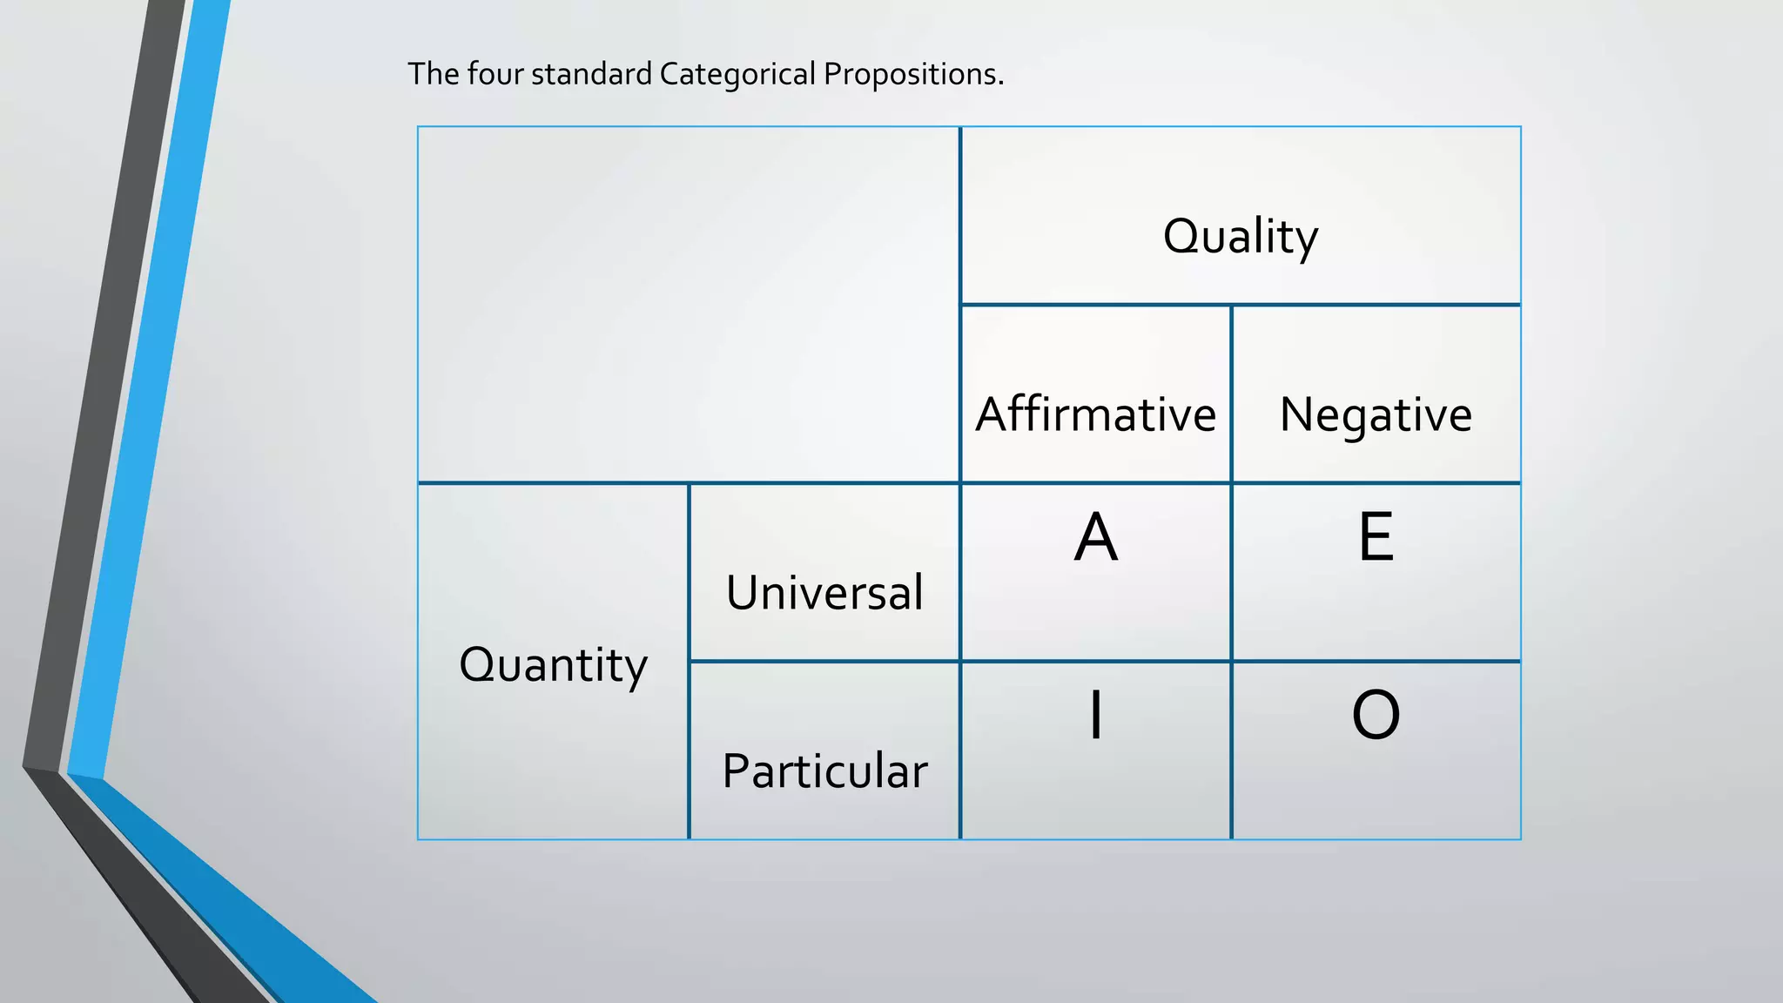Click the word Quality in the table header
[x=1241, y=236]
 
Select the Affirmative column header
[x=1095, y=414]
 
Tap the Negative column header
[x=1376, y=414]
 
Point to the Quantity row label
[x=553, y=665]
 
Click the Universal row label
[x=824, y=593]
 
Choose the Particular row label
[x=824, y=771]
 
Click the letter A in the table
[x=1095, y=537]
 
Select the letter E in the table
[x=1376, y=537]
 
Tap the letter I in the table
[x=1095, y=715]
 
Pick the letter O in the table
[x=1376, y=715]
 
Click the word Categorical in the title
[x=737, y=75]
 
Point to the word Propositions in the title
[x=913, y=75]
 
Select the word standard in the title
[x=591, y=75]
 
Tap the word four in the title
[x=495, y=75]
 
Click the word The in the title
[x=433, y=75]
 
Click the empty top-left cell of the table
[x=688, y=305]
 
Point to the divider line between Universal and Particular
[x=824, y=662]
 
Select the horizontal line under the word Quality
[x=1241, y=305]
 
